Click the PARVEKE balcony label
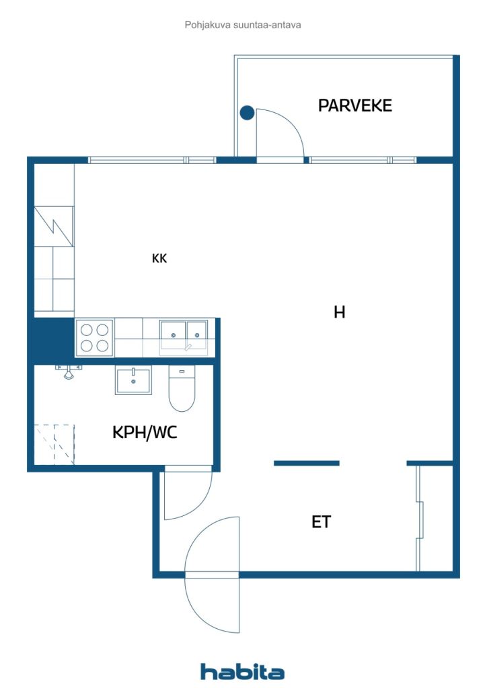coord(354,105)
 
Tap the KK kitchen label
coord(159,258)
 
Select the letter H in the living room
coord(340,312)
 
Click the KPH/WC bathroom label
coord(145,433)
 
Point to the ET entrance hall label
coord(321,522)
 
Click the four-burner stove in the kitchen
coord(94,338)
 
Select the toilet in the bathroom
coord(182,390)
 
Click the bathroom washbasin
coord(133,380)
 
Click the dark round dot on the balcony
coord(248,113)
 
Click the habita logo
coord(242,671)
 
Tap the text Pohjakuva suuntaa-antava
coord(243,25)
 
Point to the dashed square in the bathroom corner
coord(54,444)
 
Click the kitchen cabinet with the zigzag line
coord(54,226)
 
